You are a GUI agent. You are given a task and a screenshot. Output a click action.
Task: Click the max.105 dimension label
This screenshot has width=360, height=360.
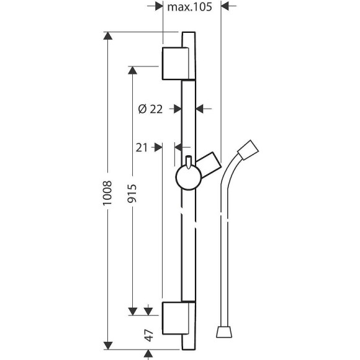[x=189, y=7]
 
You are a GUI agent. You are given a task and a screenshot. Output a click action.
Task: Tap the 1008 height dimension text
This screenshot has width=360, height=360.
[x=107, y=193]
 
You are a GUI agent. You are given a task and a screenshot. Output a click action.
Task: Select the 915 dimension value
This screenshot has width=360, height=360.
[x=132, y=193]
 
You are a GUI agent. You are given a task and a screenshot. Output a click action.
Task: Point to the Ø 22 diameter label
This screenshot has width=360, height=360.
[x=150, y=109]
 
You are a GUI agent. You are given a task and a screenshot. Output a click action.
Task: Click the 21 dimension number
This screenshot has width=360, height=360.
[x=142, y=148]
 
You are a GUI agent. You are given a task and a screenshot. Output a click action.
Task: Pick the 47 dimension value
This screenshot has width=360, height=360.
[x=149, y=335]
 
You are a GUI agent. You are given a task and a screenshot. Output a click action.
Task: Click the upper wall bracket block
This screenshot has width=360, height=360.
[x=176, y=63]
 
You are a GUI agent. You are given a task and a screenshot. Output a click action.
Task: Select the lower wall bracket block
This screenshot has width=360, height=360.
[x=176, y=318]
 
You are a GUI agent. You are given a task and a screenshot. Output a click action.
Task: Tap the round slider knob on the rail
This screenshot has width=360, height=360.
[x=189, y=178]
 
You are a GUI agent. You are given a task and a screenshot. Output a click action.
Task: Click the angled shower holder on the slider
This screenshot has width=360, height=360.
[x=209, y=164]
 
